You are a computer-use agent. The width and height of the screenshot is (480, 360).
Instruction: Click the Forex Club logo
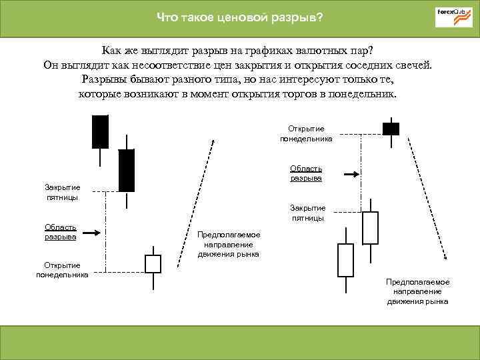point(453,17)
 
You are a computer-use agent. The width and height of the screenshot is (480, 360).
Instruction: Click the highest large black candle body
point(100,131)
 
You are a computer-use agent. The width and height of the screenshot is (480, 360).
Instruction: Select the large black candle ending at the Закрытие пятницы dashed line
point(126,170)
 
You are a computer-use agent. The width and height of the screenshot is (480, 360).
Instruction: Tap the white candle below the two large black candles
point(153,264)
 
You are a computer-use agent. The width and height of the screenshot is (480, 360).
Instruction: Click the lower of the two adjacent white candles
point(345,260)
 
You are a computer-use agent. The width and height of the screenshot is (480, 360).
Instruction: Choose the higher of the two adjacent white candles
point(370,228)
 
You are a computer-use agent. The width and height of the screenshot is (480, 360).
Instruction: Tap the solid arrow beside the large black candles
point(93,233)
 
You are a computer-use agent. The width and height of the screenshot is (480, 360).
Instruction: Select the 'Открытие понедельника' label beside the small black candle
point(306,133)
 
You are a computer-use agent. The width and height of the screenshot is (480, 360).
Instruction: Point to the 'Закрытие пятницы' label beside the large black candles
point(62,192)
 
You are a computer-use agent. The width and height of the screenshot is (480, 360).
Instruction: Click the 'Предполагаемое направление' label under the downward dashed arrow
point(418,291)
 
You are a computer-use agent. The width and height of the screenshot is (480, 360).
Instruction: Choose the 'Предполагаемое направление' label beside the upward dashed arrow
point(229,245)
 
